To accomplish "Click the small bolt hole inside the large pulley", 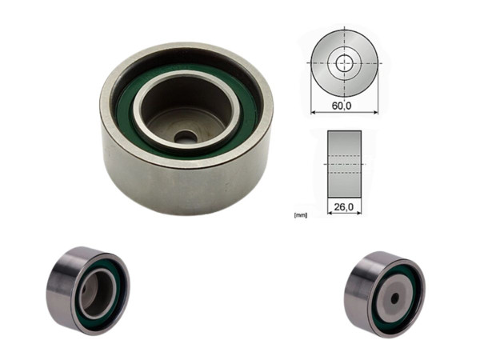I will (x=186, y=137).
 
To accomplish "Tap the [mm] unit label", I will (x=302, y=215).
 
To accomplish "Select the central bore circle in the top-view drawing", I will (x=346, y=63).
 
